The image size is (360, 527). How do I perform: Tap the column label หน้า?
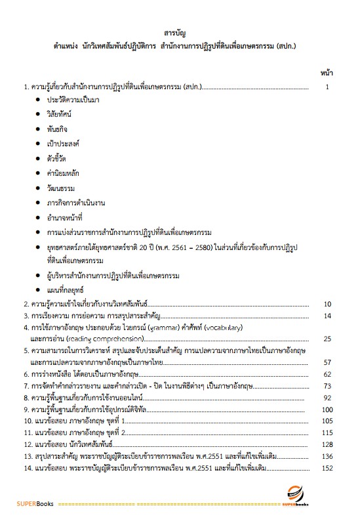point(326,70)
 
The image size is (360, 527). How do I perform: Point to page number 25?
point(328,339)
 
